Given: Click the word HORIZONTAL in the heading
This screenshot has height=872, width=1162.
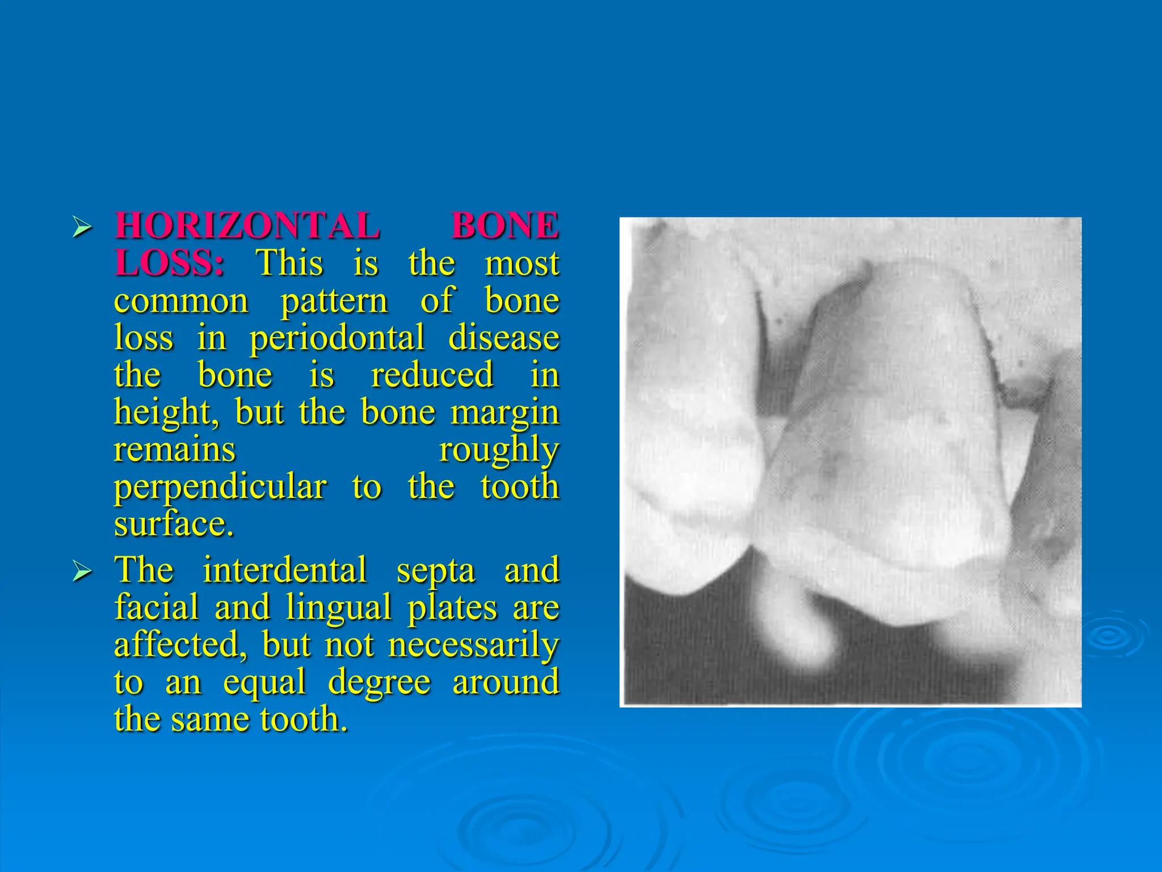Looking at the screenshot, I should (247, 226).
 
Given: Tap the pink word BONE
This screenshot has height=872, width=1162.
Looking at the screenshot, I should (505, 226).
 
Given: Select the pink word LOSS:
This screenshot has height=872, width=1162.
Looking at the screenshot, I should (169, 263).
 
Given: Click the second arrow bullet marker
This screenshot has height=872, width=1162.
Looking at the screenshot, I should (82, 572).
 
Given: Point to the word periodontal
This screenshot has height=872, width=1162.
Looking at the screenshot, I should (337, 338).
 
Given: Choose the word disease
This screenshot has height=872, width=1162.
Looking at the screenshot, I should (504, 338).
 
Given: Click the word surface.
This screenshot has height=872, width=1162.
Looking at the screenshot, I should (174, 523).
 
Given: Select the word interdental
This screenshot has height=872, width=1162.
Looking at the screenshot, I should (285, 569).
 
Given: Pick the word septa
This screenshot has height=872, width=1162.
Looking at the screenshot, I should (436, 571).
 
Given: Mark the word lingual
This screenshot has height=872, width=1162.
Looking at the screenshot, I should (339, 607).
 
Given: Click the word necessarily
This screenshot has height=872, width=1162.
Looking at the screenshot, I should (474, 645).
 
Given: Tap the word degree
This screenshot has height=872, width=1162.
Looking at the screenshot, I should (379, 682).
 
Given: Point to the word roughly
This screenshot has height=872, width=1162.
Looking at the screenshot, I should (499, 451).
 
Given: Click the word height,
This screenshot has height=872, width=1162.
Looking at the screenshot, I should (166, 413).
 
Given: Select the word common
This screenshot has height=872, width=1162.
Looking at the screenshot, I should (181, 300).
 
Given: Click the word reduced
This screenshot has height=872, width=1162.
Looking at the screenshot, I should (432, 375).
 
